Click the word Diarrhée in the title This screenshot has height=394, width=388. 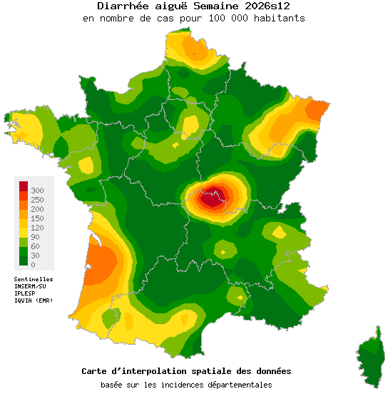[120, 6]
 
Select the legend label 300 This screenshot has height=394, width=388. [38, 191]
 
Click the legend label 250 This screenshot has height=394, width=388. [38, 200]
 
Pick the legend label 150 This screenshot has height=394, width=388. [38, 218]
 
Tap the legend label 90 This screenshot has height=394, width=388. [36, 237]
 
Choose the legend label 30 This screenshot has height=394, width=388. [36, 256]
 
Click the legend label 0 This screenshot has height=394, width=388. [34, 265]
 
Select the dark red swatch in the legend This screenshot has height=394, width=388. [23, 186]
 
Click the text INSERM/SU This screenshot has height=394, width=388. [31, 286]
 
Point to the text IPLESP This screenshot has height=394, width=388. [26, 293]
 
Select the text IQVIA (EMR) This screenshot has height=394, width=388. [34, 300]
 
